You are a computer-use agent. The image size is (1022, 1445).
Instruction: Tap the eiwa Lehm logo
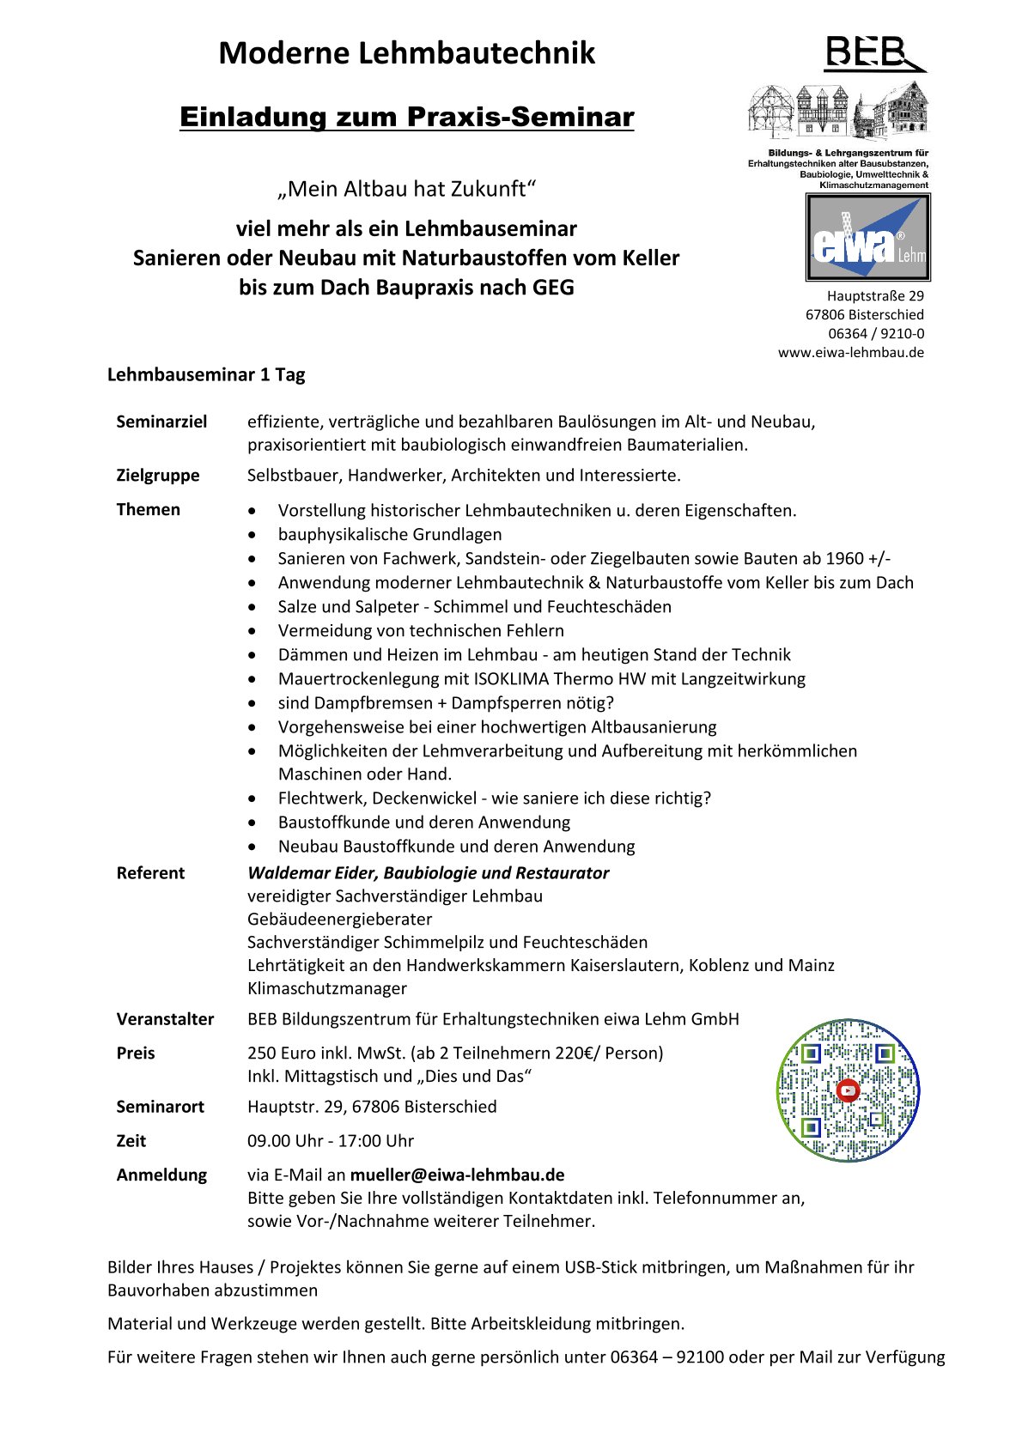coord(867,238)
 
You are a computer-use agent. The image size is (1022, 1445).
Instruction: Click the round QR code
coord(848,1090)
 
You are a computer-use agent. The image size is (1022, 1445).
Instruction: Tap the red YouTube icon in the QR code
coord(848,1091)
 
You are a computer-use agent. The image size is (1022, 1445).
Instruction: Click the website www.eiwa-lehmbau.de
coord(850,352)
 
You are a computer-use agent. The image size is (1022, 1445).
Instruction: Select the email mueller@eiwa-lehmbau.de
coord(457,1175)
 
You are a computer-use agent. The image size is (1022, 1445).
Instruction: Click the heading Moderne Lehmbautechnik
coord(406,53)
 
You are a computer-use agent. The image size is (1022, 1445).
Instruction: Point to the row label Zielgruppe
coord(158,475)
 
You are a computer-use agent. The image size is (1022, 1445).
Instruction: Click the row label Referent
coord(150,872)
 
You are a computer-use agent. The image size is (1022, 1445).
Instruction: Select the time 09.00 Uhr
coord(285,1141)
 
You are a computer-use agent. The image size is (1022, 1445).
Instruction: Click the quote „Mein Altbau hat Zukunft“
coord(406,189)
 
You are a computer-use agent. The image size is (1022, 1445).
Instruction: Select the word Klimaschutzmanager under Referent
coord(327,988)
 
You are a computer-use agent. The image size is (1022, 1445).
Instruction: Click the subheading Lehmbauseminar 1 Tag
coord(206,374)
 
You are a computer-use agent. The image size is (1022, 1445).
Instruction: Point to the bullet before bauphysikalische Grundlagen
coord(252,534)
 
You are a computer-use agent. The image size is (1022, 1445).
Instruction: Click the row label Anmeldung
coord(161,1175)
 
